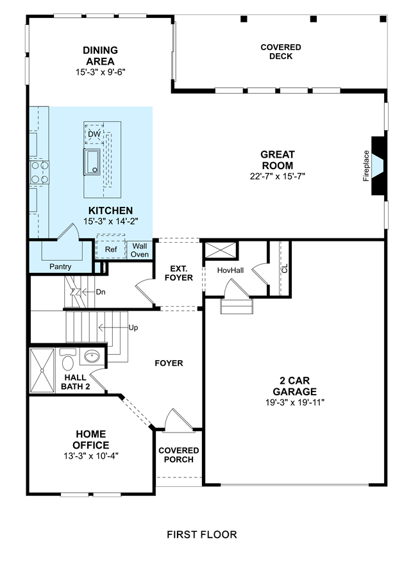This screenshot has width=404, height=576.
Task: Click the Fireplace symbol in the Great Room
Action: point(378,166)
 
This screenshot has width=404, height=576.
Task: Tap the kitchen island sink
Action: point(92,161)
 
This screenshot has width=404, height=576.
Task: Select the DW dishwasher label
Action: point(94,134)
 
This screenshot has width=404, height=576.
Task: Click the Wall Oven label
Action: point(140,250)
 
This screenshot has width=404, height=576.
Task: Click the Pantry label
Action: point(60,267)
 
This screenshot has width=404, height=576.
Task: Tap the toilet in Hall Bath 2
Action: point(67,359)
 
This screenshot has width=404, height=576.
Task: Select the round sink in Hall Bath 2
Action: point(92,356)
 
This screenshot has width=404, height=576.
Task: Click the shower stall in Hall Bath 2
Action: point(42,370)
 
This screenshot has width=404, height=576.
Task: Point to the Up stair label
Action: point(133,327)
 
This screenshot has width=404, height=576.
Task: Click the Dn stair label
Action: point(100,292)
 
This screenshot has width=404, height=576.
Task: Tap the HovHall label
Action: point(230,270)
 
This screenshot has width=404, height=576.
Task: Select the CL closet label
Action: point(285,268)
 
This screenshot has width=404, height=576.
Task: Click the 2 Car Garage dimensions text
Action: point(295,402)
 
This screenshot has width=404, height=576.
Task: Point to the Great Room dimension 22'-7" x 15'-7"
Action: point(278,176)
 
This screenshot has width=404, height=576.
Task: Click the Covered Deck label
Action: point(281,52)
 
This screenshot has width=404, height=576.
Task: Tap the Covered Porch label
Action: point(179,455)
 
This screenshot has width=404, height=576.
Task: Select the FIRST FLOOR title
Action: point(202,534)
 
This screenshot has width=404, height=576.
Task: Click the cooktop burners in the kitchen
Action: point(40,172)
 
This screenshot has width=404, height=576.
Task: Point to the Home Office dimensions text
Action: point(91,456)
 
